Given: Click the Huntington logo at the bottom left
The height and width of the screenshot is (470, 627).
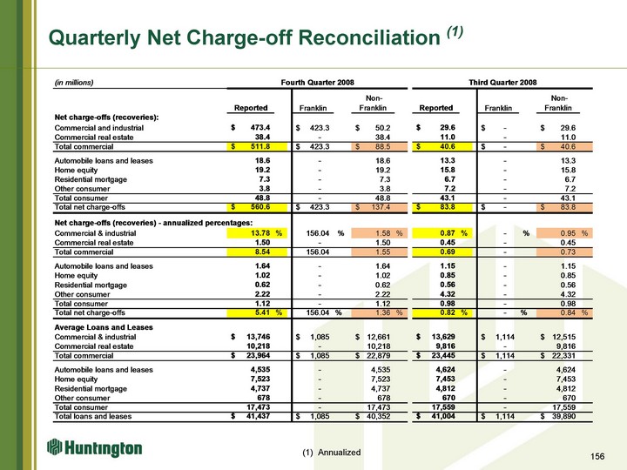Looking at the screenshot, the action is point(94,448).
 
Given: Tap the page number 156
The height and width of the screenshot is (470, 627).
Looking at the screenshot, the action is point(597,456).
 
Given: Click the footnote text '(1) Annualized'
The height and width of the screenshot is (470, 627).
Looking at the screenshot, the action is point(332,452).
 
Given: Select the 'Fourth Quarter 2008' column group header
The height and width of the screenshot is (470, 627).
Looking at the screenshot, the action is point(318,83).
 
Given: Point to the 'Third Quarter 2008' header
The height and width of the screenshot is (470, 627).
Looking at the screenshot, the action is point(502,83).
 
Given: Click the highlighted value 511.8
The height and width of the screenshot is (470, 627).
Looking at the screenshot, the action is point(257,147).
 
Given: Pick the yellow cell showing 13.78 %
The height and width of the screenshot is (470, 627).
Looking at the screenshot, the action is point(257,233).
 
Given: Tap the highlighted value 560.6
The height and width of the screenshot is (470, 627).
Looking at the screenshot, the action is point(257,207).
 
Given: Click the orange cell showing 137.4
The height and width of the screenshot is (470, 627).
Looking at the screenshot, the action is point(379,207).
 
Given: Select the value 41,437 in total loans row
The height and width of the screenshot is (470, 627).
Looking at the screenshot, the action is point(259,416).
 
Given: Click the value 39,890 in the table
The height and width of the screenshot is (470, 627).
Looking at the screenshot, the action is point(563,416).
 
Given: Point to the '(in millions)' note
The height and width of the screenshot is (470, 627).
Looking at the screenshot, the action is point(74,83).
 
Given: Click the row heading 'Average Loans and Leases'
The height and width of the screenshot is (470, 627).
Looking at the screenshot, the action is point(104,327).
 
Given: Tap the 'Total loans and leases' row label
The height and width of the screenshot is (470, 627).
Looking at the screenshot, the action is point(93,416).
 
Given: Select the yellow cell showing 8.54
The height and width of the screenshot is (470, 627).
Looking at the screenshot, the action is point(257,252).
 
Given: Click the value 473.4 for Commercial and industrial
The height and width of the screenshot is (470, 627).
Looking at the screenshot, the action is point(260,127).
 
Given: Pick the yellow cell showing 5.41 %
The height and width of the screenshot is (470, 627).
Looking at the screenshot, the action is point(257,312).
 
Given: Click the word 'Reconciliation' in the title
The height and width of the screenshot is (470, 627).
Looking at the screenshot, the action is point(369,38).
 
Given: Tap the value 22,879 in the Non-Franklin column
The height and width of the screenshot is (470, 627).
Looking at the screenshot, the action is point(378,356).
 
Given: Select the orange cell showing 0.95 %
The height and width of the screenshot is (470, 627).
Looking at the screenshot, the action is point(564,233).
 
